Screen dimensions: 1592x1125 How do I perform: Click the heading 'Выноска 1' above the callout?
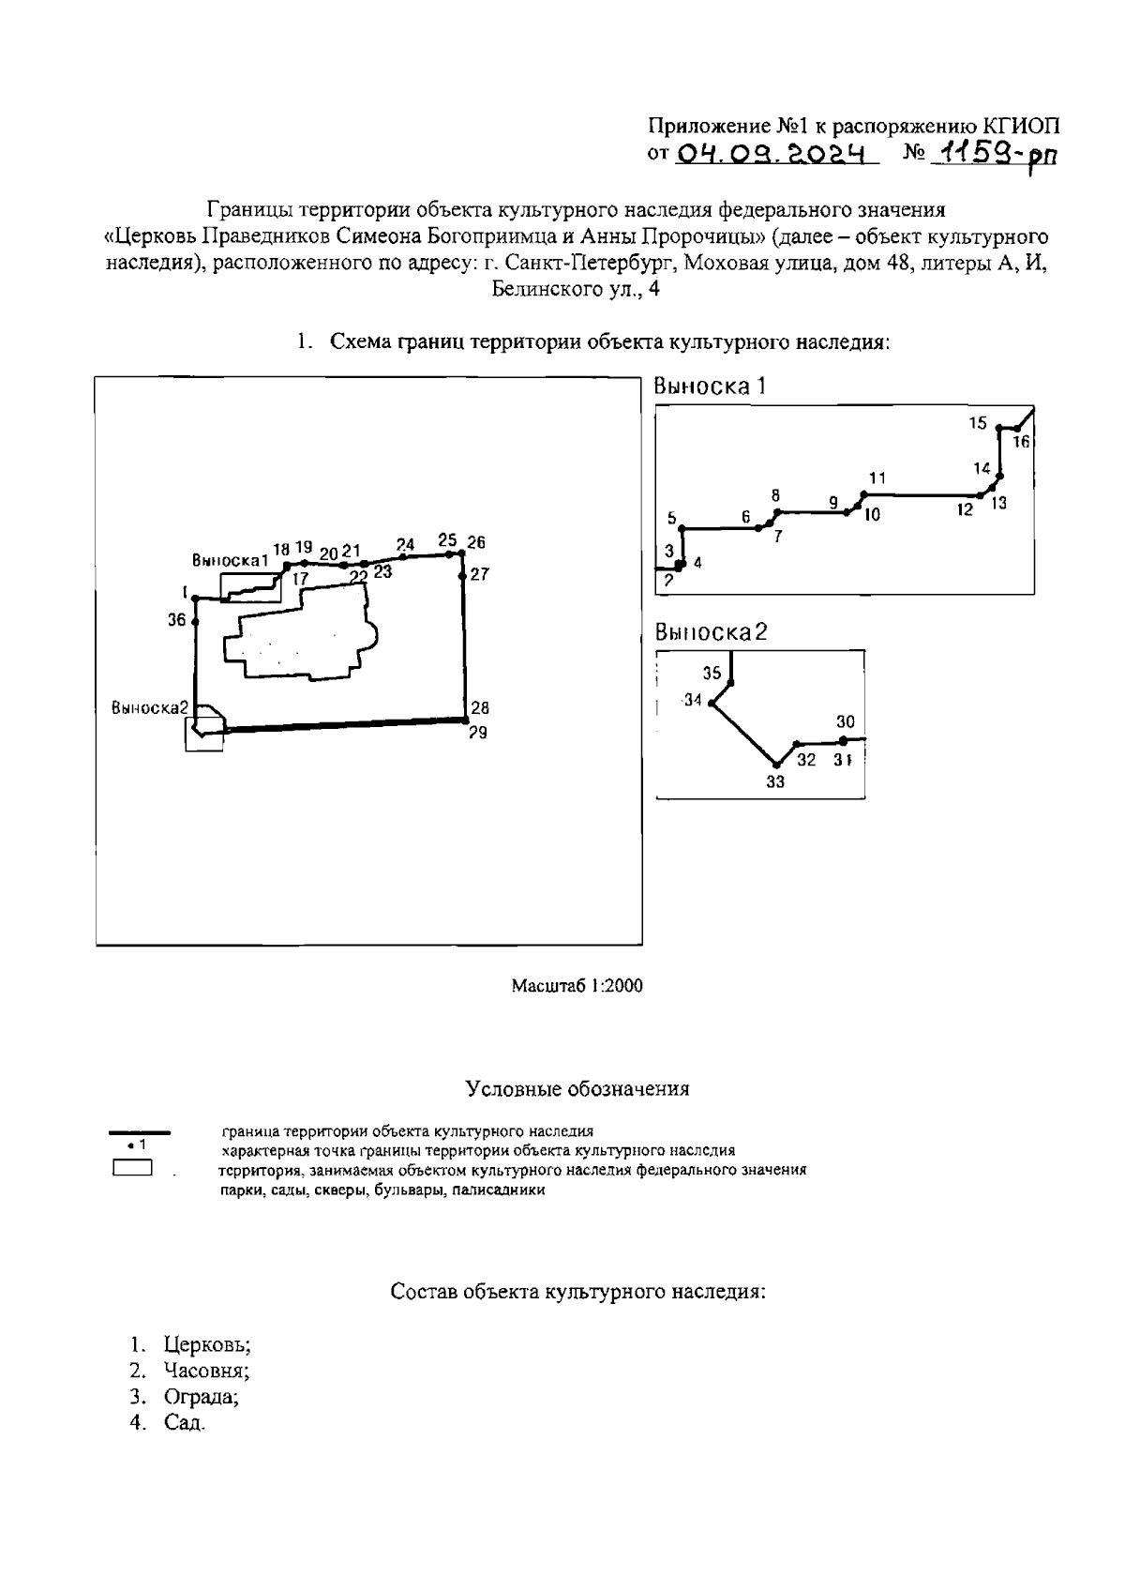pyautogui.click(x=711, y=387)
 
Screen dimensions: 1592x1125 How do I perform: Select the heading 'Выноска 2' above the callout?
pyautogui.click(x=711, y=632)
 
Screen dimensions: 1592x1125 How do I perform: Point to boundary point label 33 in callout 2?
pyautogui.click(x=774, y=781)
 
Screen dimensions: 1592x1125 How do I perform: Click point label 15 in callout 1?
pyautogui.click(x=978, y=423)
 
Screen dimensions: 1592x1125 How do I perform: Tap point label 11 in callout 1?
pyautogui.click(x=877, y=478)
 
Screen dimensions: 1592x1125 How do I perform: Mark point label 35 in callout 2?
pyautogui.click(x=712, y=673)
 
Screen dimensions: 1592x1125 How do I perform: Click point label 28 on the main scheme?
pyautogui.click(x=480, y=708)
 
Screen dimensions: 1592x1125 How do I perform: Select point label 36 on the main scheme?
pyautogui.click(x=177, y=619)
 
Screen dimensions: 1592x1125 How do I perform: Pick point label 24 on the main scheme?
pyautogui.click(x=405, y=544)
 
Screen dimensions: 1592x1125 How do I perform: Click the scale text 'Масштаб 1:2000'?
pyautogui.click(x=577, y=986)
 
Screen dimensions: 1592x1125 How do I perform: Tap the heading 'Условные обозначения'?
pyautogui.click(x=577, y=1089)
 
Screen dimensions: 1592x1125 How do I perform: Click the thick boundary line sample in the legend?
pyautogui.click(x=141, y=1133)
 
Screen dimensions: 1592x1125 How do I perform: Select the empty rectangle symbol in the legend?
pyautogui.click(x=132, y=1169)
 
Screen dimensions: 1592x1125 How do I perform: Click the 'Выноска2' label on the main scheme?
pyautogui.click(x=150, y=708)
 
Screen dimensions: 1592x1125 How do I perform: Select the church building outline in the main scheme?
pyautogui.click(x=300, y=638)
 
